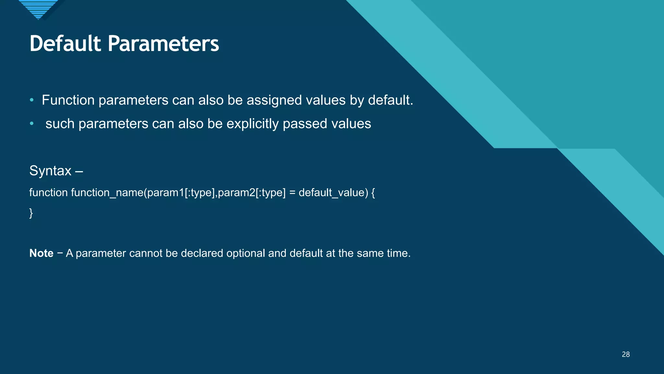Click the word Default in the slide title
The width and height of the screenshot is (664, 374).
pyautogui.click(x=65, y=44)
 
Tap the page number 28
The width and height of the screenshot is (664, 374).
pyautogui.click(x=625, y=354)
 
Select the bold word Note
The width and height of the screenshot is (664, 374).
pyautogui.click(x=41, y=253)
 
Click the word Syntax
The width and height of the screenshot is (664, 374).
pyautogui.click(x=50, y=171)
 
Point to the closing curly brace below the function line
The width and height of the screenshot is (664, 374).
pyautogui.click(x=31, y=213)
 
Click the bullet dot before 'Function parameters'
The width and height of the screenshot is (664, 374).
pyautogui.click(x=31, y=100)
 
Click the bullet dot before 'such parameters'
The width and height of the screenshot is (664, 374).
pyautogui.click(x=31, y=124)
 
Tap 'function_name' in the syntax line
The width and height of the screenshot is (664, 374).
pyautogui.click(x=107, y=193)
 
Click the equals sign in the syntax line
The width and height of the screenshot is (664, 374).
pyautogui.click(x=292, y=193)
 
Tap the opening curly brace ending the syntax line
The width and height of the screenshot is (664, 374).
pyautogui.click(x=373, y=193)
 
